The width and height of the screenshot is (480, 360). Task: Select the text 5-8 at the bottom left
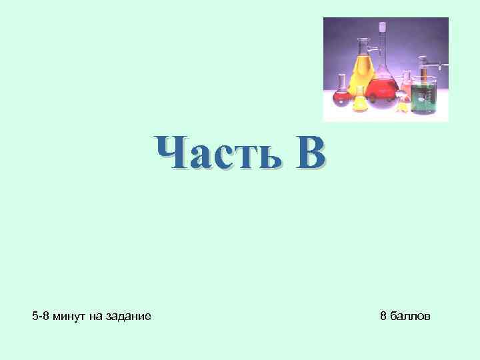41,315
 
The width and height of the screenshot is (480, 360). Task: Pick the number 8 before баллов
383,315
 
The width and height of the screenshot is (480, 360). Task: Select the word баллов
411,315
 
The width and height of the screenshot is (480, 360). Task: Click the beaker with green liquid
423,97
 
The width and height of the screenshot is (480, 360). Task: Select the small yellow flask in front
361,101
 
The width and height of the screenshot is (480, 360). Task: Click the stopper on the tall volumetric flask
383,27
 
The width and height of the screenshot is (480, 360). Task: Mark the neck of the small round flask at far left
341,82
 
